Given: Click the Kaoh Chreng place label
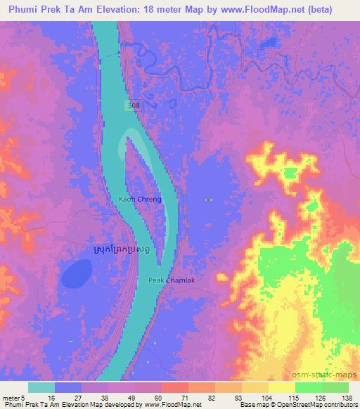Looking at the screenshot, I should (141, 200).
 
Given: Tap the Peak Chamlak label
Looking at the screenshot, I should (167, 280).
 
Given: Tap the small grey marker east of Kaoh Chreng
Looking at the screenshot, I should (209, 200).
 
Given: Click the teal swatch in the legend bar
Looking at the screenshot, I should (41, 387).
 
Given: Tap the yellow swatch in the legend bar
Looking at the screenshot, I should (281, 387).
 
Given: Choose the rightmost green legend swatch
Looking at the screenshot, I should (335, 387).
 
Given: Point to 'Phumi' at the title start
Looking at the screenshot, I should (19, 9).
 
